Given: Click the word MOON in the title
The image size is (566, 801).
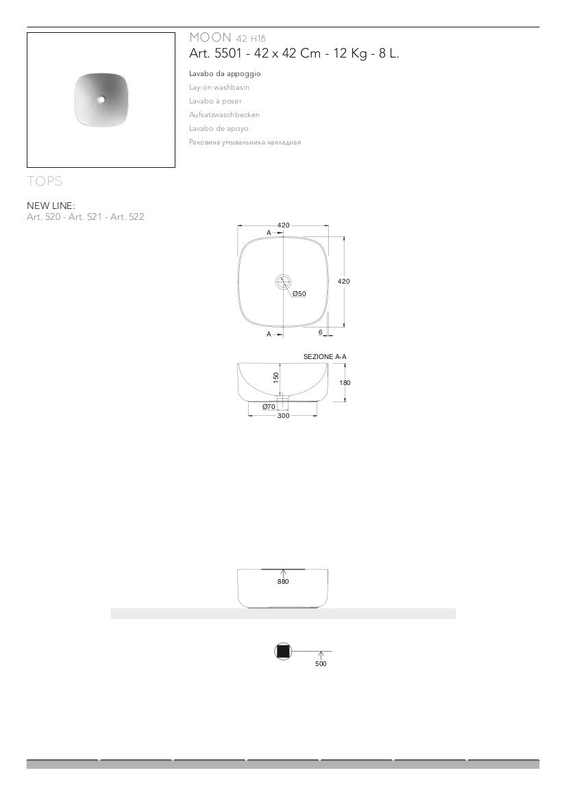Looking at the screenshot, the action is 210,37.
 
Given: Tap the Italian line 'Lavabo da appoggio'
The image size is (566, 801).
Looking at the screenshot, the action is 225,73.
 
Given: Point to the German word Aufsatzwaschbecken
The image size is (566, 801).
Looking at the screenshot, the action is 224,115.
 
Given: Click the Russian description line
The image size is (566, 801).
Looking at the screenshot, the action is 245,143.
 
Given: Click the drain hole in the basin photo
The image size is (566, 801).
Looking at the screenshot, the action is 101,99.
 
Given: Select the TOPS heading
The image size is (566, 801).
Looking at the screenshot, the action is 45,181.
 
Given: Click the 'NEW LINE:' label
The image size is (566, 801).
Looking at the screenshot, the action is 51,206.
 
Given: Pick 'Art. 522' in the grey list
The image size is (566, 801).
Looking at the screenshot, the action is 127,217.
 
